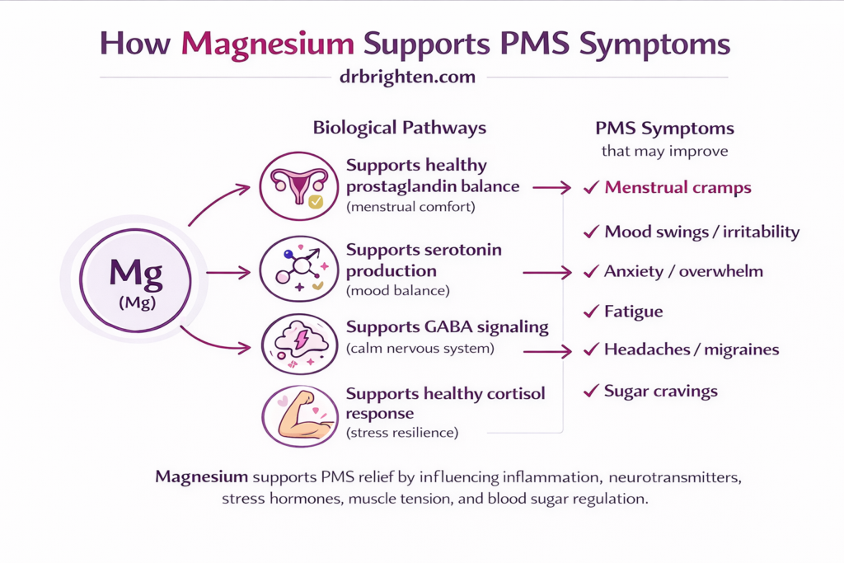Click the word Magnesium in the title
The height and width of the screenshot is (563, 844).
coord(269,44)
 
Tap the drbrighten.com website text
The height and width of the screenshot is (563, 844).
coord(407,77)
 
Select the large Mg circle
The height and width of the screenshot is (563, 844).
coord(135,281)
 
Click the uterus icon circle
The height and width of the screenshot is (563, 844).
coord(298,186)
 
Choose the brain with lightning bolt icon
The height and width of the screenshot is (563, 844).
coord(298,343)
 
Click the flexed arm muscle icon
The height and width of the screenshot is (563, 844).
coord(298,416)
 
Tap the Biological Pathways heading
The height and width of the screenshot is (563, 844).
coord(399,128)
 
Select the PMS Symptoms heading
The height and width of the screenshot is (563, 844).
coord(664,129)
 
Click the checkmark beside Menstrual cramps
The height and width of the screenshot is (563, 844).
coord(590,189)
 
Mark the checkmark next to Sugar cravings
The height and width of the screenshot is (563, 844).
coord(590,391)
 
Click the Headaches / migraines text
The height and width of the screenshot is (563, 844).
coord(692,350)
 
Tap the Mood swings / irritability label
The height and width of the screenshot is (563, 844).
coord(701,232)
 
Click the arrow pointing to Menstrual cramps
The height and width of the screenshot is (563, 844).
coord(551,188)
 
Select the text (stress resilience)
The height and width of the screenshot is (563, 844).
coord(402,432)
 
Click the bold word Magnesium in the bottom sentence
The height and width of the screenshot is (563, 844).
coord(201,476)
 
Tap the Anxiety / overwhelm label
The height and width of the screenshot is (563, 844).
coord(683,271)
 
